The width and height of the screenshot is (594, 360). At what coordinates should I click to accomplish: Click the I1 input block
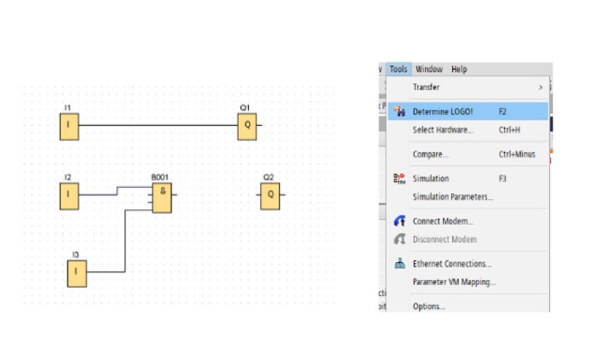coord(69,127)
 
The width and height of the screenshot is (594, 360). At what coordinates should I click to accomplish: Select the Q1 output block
coord(247,127)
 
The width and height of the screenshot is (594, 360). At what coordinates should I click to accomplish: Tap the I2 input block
coord(69,196)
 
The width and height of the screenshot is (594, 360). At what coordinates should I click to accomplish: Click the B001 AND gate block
coord(161,197)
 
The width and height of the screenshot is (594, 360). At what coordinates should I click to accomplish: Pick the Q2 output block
coord(270,196)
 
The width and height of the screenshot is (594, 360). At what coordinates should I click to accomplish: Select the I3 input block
coord(77,273)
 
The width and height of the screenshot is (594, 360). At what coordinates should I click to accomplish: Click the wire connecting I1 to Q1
coord(159,125)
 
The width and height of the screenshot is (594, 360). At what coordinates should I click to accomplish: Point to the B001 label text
coord(159,177)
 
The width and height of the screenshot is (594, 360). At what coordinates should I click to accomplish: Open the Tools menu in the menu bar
coord(398,69)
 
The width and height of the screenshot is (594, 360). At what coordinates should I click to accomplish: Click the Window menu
coord(429,69)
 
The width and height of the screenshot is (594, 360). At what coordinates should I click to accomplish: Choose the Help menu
coord(459,69)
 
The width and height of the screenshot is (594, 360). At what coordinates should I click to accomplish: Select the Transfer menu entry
coord(426,87)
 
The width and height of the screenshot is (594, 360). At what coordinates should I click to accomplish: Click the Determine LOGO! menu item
coord(443,111)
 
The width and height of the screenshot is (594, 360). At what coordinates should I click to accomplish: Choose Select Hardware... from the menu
coord(443,129)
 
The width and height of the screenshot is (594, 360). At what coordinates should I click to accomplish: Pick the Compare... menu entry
coord(430,154)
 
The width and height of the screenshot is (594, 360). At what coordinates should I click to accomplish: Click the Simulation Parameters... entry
coord(453,196)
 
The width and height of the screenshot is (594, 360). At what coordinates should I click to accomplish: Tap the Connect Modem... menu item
coord(443,221)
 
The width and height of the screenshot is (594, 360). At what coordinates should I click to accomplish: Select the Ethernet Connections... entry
coord(452,264)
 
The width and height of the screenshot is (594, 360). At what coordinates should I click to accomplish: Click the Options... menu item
coord(429,306)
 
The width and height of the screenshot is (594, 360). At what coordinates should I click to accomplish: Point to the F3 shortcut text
coord(502,178)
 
